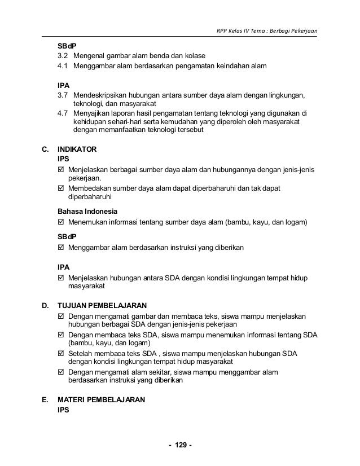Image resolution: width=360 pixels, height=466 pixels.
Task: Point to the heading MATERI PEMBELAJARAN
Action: click(102, 401)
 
